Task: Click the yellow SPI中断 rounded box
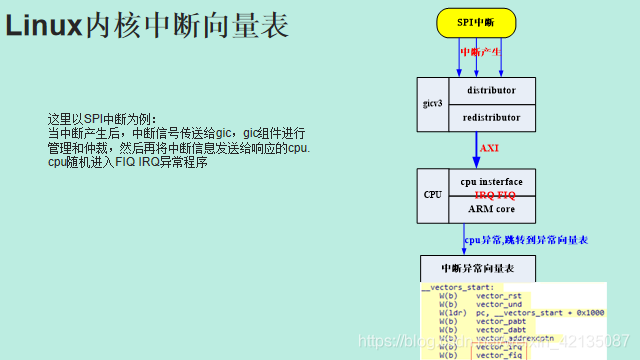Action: (x=479, y=22)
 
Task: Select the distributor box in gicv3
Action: (x=491, y=90)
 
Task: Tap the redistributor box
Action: (x=491, y=117)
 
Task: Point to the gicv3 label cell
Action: (x=432, y=104)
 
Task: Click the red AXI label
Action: (x=489, y=148)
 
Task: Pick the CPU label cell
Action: (x=433, y=195)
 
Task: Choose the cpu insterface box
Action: (x=491, y=181)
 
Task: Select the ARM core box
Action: (x=491, y=209)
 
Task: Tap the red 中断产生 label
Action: (x=479, y=52)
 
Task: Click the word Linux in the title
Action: (x=43, y=27)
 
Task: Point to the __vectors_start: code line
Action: (x=457, y=287)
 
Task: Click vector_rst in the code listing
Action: (x=498, y=296)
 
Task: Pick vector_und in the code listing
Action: (x=498, y=304)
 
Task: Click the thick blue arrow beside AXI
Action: (x=478, y=150)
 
